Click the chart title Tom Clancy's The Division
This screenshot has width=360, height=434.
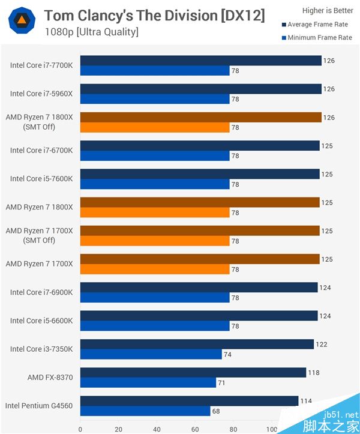tap(154, 15)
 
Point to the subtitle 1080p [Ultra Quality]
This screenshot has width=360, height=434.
tap(91, 31)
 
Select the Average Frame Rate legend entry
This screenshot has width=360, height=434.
tap(317, 25)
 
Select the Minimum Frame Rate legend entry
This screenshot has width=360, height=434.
tap(317, 38)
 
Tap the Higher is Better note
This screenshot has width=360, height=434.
tap(328, 11)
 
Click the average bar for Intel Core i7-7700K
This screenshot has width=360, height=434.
tap(200, 61)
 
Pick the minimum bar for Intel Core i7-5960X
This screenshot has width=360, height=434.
tap(155, 99)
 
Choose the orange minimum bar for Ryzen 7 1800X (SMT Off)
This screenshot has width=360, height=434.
tap(155, 127)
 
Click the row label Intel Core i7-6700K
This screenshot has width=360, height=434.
tap(41, 151)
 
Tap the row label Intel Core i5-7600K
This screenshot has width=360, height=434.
tap(41, 179)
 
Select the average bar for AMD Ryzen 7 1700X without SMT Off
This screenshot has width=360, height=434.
tap(199, 259)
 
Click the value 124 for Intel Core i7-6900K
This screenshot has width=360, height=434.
tap(325, 288)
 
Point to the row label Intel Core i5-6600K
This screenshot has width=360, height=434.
tap(41, 321)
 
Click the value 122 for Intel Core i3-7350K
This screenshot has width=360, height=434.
tap(322, 345)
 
